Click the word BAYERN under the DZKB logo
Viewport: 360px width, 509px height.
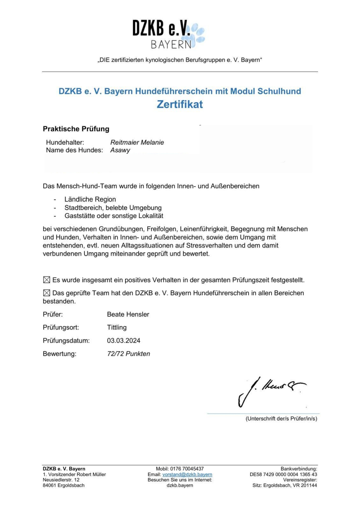point(171,45)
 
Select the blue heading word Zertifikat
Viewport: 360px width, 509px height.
point(180,104)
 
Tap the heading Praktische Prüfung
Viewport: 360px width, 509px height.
point(76,129)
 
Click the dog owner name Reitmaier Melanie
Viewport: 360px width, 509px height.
point(137,142)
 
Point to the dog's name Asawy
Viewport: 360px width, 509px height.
point(120,150)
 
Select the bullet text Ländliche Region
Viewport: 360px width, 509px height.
point(90,199)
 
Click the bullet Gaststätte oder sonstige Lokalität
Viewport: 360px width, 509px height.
point(114,216)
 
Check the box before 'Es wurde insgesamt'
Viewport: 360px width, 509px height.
point(47,280)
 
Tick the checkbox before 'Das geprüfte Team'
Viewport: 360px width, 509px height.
point(47,293)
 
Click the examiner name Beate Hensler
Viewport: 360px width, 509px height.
point(128,314)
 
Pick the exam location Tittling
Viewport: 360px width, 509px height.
point(117,327)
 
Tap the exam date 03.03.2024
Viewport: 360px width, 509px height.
point(124,341)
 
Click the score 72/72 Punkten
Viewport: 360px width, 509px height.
point(129,354)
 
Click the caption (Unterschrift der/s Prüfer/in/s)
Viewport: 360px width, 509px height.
point(281,418)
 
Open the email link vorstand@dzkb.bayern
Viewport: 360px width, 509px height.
point(187,474)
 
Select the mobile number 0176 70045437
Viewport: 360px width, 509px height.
point(187,469)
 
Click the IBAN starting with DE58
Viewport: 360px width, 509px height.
point(283,474)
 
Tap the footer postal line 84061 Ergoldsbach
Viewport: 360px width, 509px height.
point(64,485)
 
